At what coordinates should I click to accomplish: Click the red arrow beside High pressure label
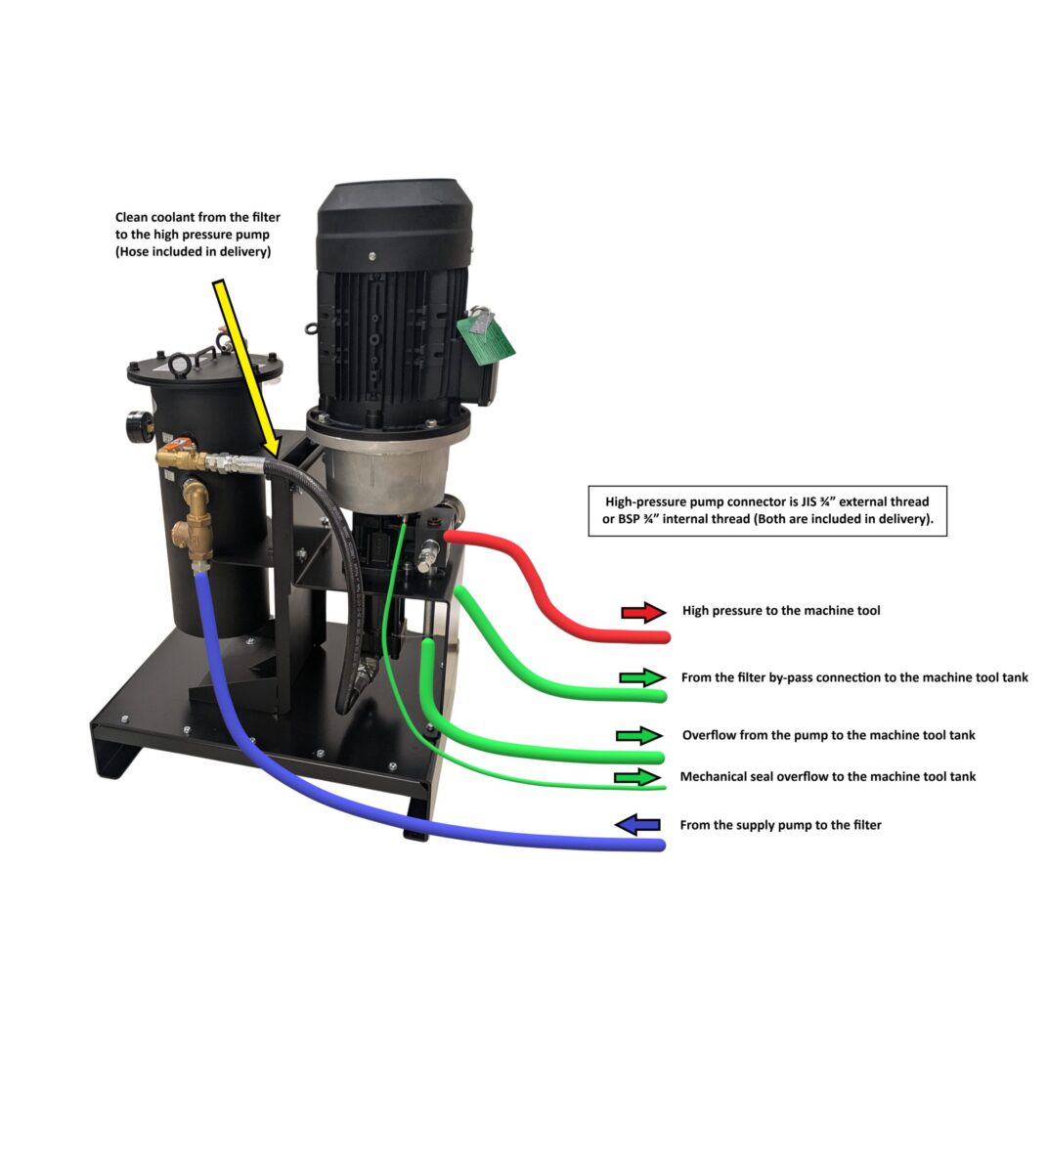(642, 613)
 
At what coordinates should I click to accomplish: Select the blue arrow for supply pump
(637, 825)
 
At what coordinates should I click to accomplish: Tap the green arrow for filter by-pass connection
(641, 677)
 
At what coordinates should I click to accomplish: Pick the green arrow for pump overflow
(639, 735)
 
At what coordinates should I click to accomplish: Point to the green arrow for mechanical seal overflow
(637, 777)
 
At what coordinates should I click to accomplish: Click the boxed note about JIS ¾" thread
(767, 510)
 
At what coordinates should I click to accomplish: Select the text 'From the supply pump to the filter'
(780, 825)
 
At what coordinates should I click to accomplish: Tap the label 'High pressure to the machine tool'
(781, 611)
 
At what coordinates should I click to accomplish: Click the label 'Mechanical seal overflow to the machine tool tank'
(828, 777)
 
